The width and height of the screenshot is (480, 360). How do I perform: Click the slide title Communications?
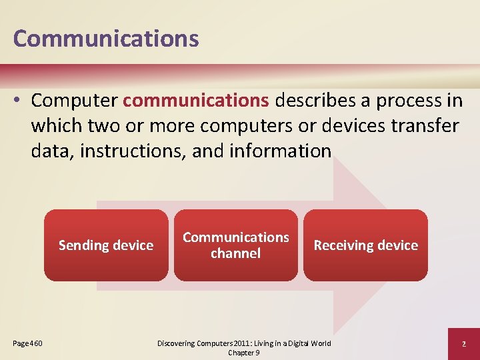click(106, 38)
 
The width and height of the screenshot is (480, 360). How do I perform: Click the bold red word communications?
click(196, 101)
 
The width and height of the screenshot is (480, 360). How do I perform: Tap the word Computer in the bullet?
click(74, 101)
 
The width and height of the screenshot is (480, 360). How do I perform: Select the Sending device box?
click(106, 245)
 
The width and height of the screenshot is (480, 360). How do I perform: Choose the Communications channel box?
click(236, 245)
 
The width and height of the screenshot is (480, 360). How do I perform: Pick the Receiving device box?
click(365, 245)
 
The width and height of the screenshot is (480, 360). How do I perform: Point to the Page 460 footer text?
click(28, 343)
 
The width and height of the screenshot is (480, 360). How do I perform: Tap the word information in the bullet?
click(279, 151)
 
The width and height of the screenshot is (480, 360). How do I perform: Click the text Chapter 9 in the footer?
click(243, 352)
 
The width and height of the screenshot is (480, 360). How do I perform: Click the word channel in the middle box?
click(235, 253)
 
